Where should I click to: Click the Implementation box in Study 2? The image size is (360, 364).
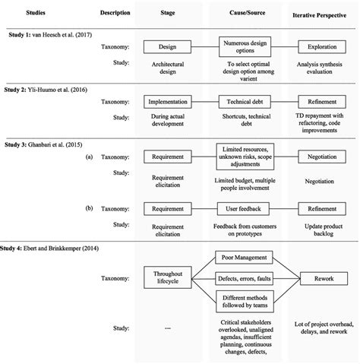(168, 100)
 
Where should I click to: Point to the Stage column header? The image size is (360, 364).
(168, 13)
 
